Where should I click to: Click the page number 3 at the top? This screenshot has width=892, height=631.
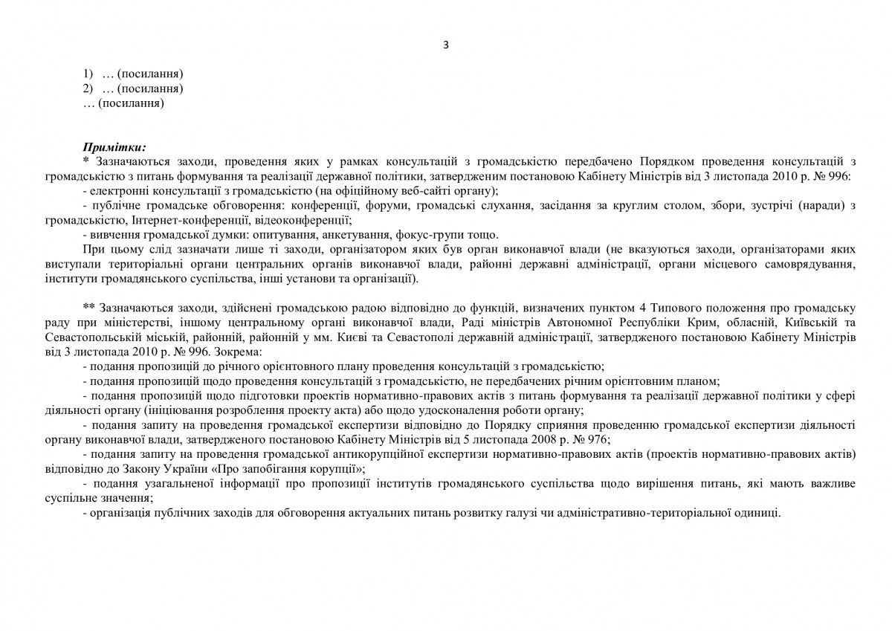tap(445, 44)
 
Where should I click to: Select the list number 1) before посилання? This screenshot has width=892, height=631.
tap(88, 74)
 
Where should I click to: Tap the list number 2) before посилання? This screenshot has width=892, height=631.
tap(88, 88)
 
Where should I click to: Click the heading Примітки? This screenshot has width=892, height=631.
tap(115, 147)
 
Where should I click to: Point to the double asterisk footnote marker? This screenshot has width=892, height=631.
tap(88, 305)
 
